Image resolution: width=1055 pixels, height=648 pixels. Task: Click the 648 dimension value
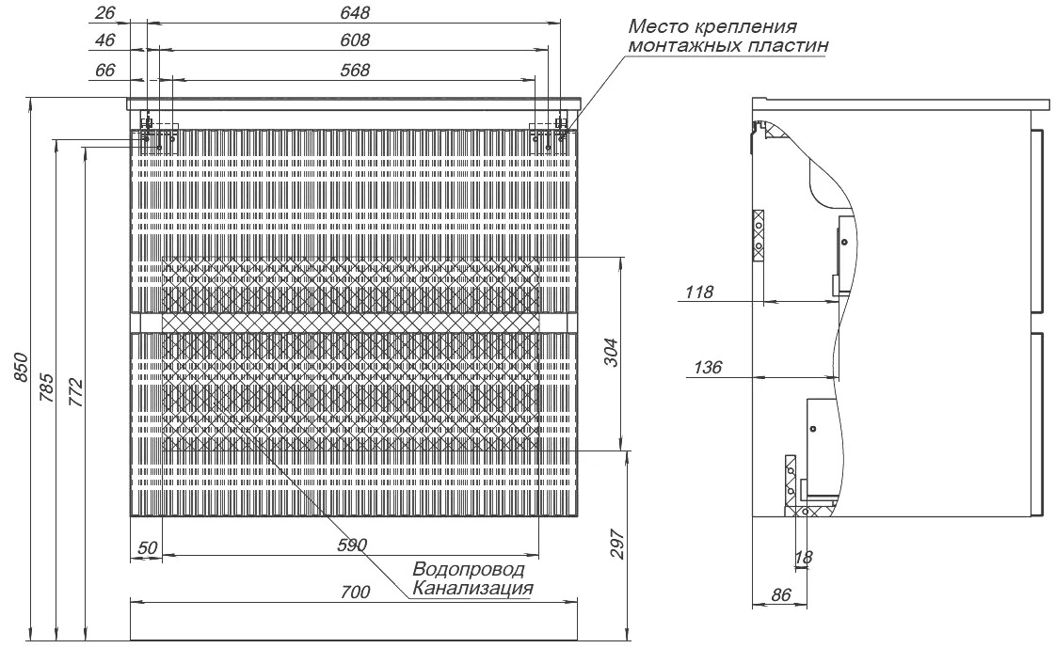[x=355, y=12]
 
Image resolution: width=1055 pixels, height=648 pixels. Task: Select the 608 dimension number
[x=355, y=40]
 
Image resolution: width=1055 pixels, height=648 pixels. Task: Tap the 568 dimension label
[x=355, y=70]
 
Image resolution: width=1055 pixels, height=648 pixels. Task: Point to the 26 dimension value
[x=105, y=12]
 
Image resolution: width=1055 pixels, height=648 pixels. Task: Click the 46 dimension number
[x=105, y=40]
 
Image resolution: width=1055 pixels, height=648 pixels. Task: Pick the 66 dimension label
[x=105, y=70]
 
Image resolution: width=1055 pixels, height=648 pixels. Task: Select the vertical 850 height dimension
[x=21, y=368]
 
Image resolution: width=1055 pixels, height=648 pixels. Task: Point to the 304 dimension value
[x=612, y=353]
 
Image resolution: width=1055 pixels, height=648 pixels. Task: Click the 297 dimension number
[x=618, y=544]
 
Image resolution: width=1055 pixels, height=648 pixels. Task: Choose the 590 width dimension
[x=353, y=545]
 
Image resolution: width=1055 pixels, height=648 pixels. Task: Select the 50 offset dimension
[x=148, y=547]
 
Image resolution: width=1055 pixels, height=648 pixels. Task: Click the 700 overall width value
[x=355, y=592]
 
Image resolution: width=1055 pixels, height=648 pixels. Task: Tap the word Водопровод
[x=469, y=570]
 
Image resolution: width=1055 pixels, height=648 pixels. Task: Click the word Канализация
[x=473, y=589]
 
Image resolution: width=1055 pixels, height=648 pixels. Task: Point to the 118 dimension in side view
[x=699, y=292]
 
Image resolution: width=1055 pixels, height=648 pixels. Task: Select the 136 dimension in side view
[x=707, y=367]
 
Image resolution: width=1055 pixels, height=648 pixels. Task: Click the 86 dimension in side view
[x=780, y=594]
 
